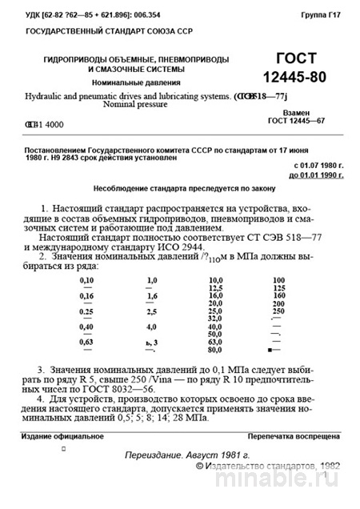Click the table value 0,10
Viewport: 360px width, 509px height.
pyautogui.click(x=87, y=280)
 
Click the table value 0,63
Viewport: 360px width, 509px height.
pyautogui.click(x=87, y=342)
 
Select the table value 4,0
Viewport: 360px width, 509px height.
pyautogui.click(x=151, y=327)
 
